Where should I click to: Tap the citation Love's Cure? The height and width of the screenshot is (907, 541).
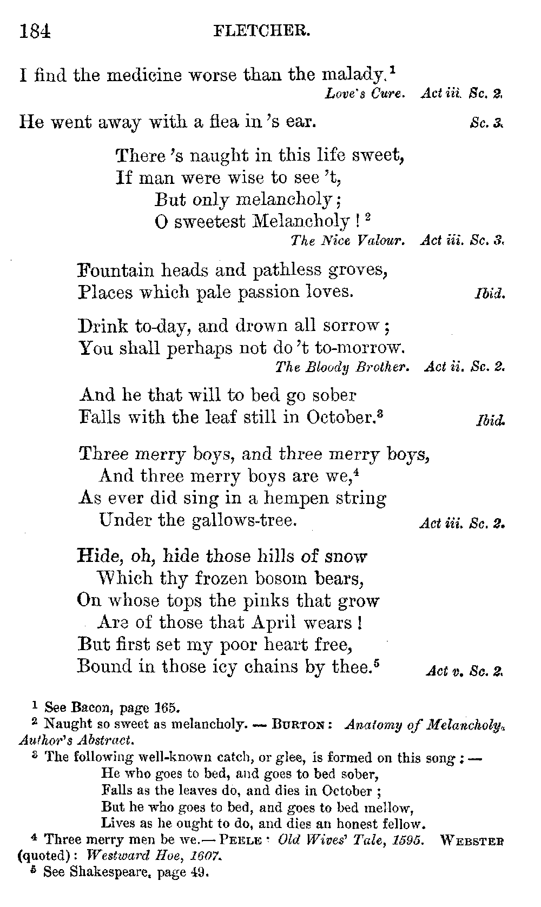364,94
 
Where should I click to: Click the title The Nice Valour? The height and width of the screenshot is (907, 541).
347,240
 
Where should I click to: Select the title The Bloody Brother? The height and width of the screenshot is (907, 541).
342,367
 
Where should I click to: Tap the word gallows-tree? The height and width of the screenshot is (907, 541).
245,520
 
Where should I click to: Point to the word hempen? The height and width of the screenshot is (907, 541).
282,498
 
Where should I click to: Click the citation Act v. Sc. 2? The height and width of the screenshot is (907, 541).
464,671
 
